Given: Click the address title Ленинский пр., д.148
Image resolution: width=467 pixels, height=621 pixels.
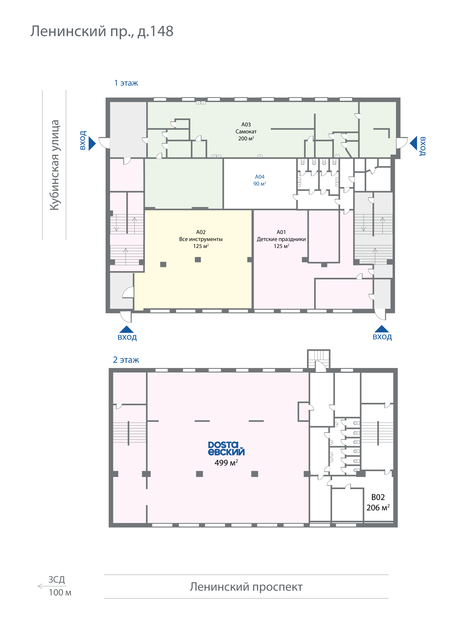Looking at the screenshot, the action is point(102,31).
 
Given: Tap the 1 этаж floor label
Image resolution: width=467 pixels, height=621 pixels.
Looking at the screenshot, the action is point(126,83).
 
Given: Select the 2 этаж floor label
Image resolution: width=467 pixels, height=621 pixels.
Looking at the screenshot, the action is point(126,360).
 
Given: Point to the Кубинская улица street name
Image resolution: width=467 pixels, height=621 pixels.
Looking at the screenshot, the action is point(54,165).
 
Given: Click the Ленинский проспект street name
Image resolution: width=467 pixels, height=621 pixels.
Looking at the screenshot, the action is point(246,587).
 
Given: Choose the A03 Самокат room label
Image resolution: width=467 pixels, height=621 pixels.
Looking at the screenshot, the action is point(246,131).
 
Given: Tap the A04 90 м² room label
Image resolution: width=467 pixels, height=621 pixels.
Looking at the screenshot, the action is point(260,180).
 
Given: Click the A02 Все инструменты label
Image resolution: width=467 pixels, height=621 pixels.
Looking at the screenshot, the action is point(201,239).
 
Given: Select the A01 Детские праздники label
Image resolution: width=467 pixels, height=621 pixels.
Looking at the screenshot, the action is point(281,239).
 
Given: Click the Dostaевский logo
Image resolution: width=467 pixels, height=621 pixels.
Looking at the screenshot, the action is point(226,448).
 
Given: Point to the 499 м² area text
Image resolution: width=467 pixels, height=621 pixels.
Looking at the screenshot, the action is point(226,463).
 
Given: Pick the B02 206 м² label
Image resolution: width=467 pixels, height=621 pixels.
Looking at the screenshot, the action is point(378,502).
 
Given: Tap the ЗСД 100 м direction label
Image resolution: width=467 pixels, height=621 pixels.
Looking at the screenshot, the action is point(60,586).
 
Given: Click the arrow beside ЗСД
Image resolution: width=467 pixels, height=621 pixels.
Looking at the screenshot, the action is point(52,586).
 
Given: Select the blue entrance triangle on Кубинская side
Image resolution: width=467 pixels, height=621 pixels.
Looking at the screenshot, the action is point(92,144).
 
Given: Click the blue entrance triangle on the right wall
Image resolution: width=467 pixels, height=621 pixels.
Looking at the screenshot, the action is point(413,144).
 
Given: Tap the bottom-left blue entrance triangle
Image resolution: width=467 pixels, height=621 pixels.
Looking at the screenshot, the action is point(127,329).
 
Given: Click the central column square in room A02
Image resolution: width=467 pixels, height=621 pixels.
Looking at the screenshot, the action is point(198,260).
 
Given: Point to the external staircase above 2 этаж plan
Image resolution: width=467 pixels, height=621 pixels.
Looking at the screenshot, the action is point(318,359).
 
